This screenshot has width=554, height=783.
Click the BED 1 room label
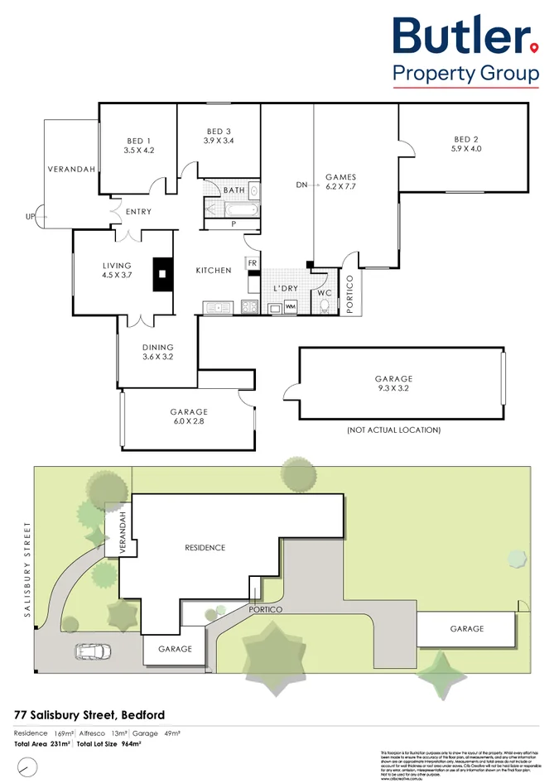(138, 140)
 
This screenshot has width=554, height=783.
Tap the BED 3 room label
(219, 131)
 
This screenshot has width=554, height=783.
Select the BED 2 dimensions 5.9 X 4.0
(465, 149)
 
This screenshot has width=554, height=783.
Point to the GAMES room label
(340, 176)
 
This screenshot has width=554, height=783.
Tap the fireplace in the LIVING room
(161, 271)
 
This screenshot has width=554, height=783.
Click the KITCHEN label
(213, 271)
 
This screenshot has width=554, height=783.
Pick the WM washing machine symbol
(290, 307)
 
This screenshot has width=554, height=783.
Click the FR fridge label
(252, 263)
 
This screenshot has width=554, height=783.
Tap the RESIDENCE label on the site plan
(205, 547)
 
